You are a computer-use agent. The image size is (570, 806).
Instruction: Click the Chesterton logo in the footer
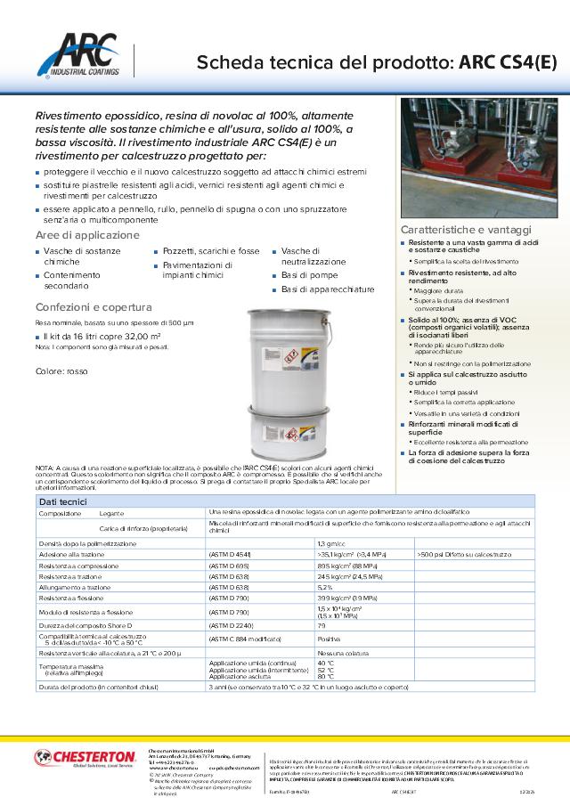[85, 758]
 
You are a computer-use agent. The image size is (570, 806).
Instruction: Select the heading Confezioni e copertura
[94, 307]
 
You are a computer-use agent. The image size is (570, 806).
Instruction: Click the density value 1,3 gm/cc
[331, 542]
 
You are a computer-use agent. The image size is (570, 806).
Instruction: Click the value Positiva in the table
[329, 639]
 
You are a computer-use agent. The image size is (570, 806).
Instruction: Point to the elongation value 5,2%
[325, 588]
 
